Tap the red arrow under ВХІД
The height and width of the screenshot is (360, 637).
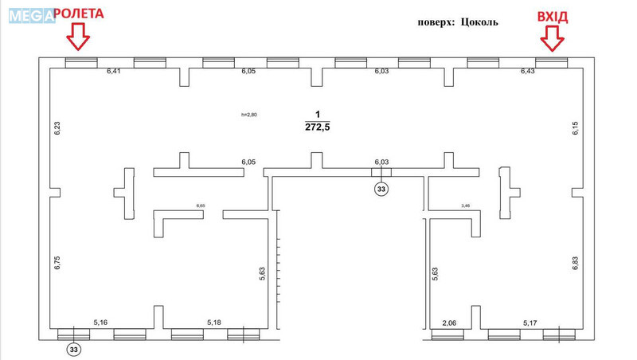(551, 36)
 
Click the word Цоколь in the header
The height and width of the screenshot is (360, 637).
(478, 22)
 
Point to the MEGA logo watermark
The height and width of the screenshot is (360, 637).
(29, 14)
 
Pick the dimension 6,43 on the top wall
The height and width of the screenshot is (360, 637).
(528, 72)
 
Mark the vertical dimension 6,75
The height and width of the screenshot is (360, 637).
(57, 264)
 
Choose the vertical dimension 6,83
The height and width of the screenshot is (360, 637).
(576, 264)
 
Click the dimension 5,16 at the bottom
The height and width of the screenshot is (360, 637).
(101, 323)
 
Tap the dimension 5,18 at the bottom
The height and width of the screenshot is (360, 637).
(214, 323)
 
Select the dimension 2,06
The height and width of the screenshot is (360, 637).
(449, 323)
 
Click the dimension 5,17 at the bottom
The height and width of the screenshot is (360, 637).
(530, 323)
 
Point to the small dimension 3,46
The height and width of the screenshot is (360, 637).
(467, 206)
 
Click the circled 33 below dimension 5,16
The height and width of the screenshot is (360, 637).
(73, 348)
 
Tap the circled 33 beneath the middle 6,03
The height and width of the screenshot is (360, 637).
(381, 189)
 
